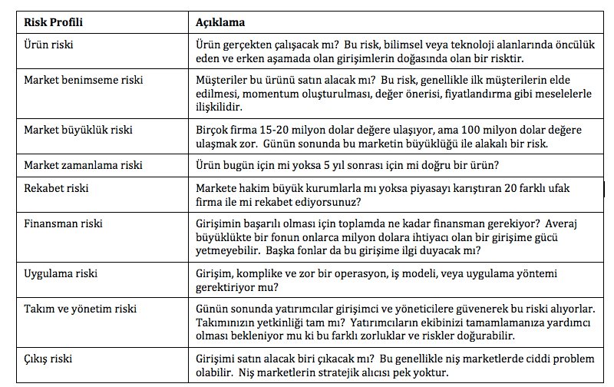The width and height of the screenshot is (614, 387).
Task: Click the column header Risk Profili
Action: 53,21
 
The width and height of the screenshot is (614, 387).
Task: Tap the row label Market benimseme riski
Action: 84,80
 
